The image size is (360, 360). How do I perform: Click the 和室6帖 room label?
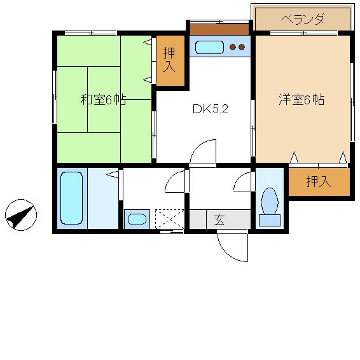(103, 100)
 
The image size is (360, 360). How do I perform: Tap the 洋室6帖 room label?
(301, 99)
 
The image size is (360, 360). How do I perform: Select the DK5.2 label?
(211, 109)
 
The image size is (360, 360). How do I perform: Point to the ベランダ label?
(303, 19)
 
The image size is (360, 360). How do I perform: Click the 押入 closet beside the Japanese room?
(170, 60)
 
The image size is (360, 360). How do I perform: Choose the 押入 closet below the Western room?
(319, 182)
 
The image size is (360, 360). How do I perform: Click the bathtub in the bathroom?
(72, 198)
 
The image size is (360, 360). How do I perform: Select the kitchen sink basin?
(209, 47)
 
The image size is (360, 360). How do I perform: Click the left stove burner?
(233, 47)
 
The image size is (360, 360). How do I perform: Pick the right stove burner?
(242, 47)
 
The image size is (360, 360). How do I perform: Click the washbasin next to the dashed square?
(137, 219)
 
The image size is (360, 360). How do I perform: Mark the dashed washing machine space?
(169, 219)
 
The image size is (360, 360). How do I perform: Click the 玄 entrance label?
(219, 219)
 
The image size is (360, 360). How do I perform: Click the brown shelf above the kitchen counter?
(219, 30)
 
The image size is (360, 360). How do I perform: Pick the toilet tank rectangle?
(270, 221)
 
